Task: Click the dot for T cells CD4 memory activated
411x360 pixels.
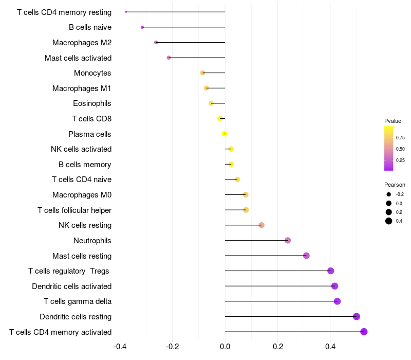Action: pos(364,332)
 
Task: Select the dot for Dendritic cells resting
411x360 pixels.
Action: pos(356,316)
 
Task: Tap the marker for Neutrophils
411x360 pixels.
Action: pos(288,240)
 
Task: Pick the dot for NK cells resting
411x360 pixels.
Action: pos(261,225)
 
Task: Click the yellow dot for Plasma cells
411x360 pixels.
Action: pos(225,134)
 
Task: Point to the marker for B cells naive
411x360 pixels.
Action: pos(142,27)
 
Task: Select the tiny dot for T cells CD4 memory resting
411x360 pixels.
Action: pos(126,12)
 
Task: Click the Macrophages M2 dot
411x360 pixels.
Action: pos(156,43)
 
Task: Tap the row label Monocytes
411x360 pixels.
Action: pos(92,73)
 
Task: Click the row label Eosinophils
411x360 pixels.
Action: pos(92,103)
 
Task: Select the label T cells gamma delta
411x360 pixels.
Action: pos(78,301)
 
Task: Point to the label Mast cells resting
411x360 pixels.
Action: pos(82,256)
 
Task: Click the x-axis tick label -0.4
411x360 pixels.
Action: pos(120,347)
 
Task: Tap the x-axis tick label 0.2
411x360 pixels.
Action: pos(278,347)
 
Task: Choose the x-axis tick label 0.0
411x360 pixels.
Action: pos(225,347)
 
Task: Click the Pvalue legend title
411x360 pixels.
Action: pos(393,121)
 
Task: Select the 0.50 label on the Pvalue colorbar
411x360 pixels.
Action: pos(400,149)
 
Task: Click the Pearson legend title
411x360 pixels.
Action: pos(395,185)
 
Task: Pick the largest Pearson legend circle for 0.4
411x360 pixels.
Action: pos(389,221)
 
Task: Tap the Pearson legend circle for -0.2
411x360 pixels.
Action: pos(389,194)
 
